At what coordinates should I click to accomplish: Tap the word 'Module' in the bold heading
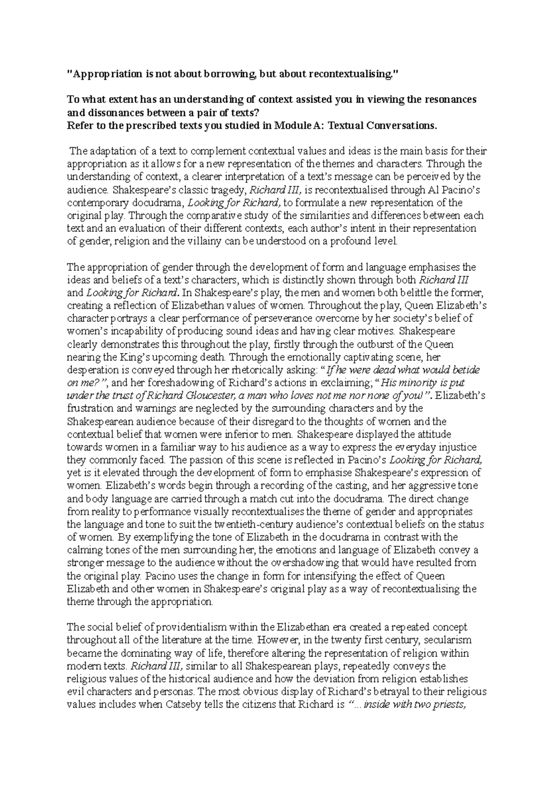click(x=295, y=125)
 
